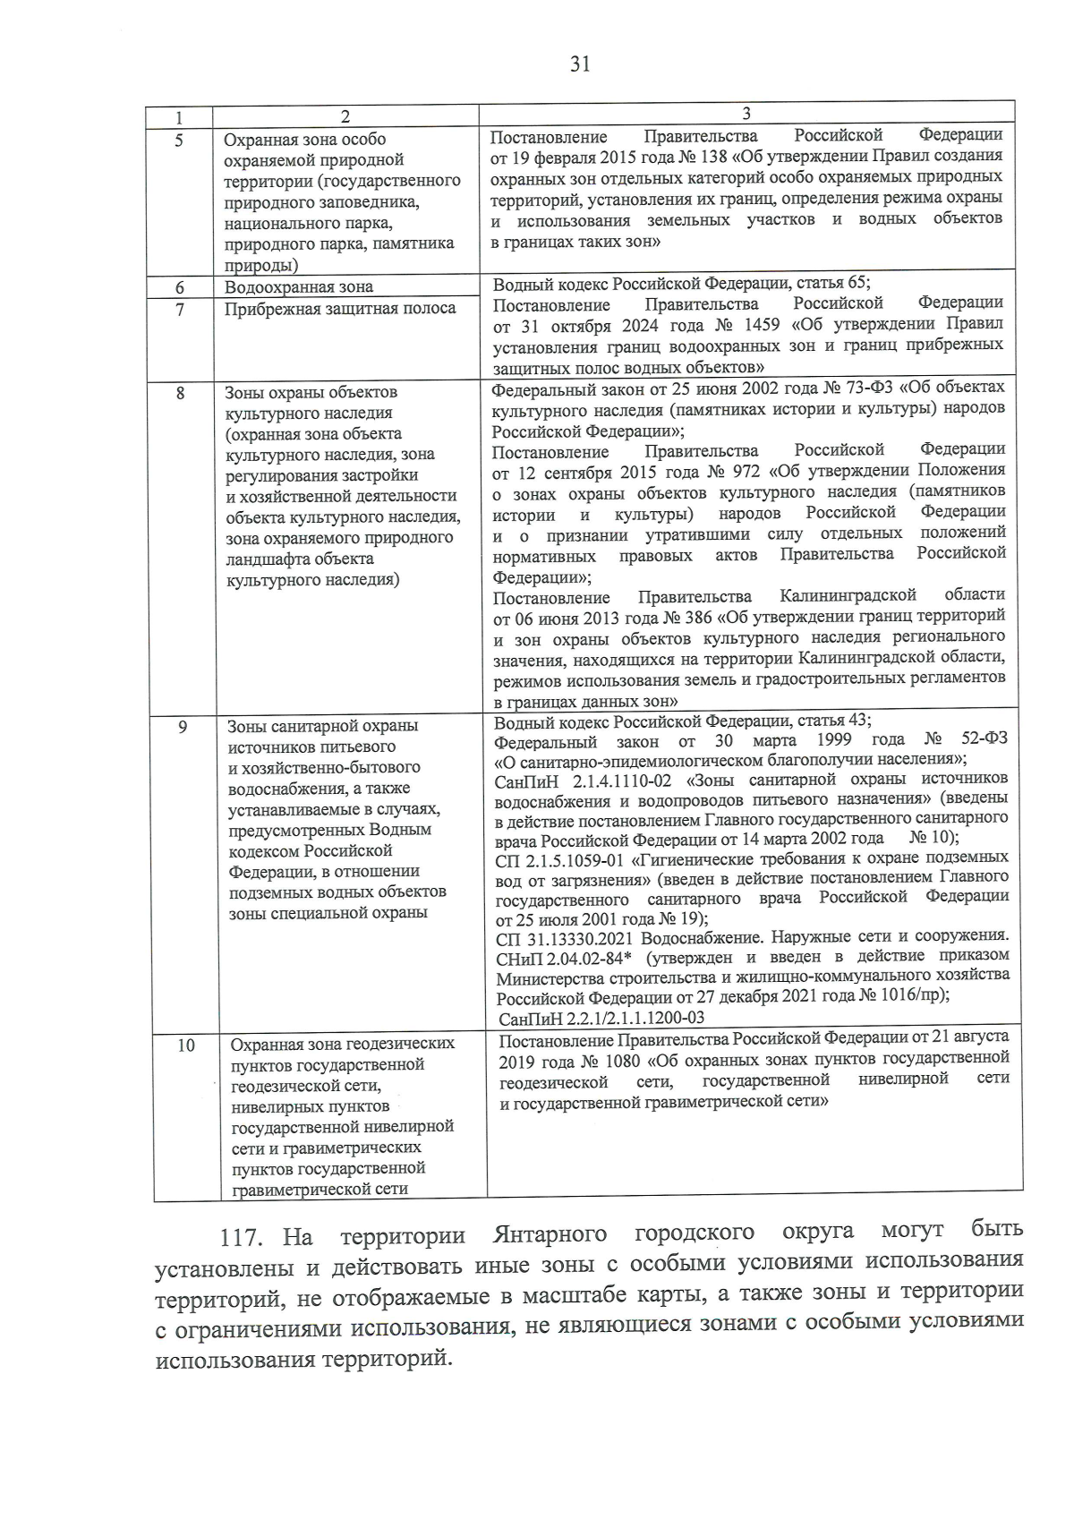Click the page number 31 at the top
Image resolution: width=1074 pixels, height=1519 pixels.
point(579,64)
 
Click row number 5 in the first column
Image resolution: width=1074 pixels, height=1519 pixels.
point(179,140)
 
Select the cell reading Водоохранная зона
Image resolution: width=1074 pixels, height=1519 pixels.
point(298,287)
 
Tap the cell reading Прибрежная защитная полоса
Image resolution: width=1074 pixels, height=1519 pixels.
point(340,309)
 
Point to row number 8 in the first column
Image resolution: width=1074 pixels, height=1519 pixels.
point(180,392)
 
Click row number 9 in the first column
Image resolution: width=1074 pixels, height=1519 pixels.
point(182,727)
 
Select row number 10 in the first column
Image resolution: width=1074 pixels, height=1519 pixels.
point(185,1045)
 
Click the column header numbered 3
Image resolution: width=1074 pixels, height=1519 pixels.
point(746,114)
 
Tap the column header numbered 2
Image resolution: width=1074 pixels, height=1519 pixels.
point(345,117)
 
